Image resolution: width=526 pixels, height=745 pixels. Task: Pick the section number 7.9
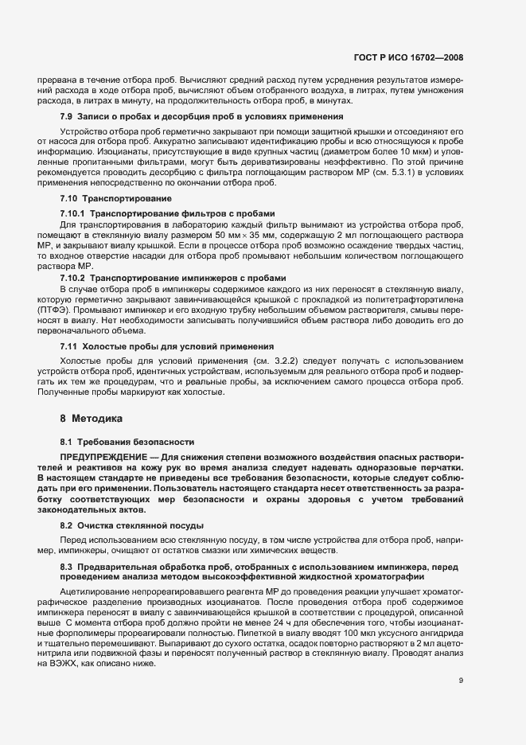tap(67, 117)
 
